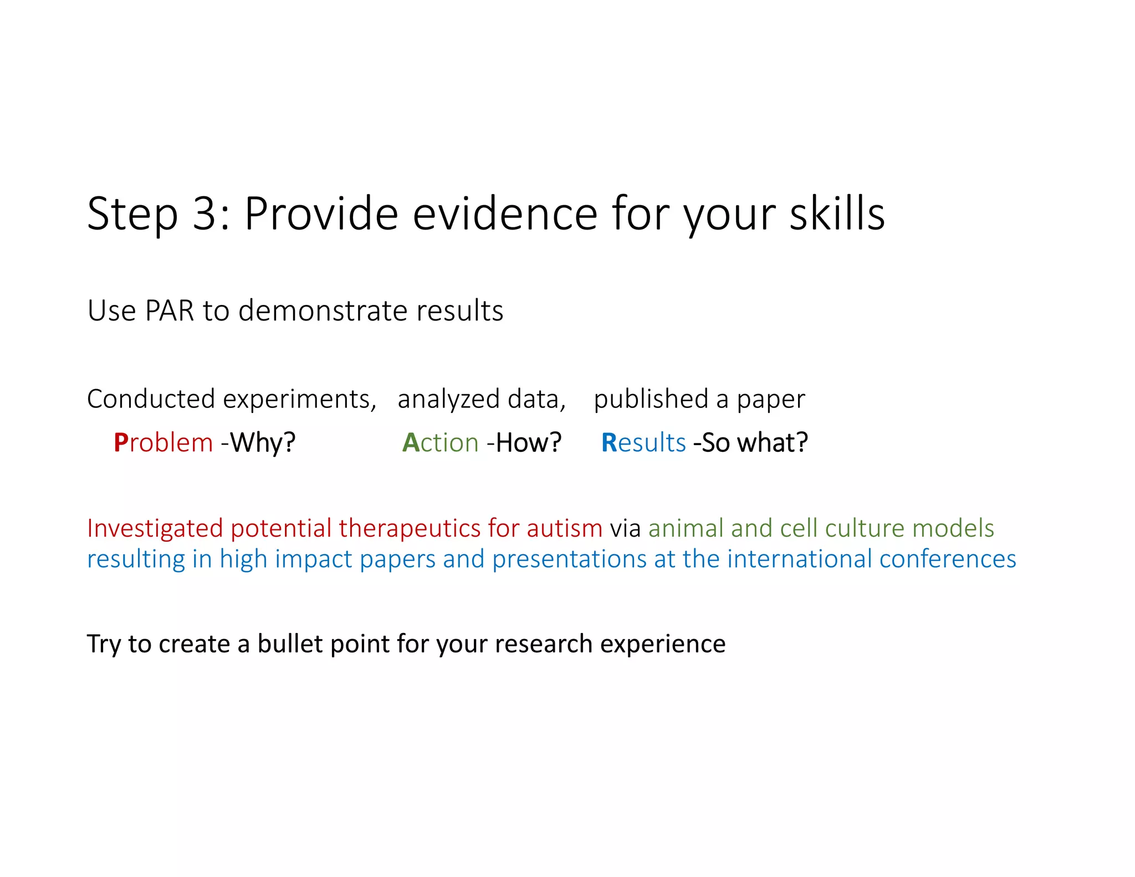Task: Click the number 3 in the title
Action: point(204,214)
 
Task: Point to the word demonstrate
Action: point(324,310)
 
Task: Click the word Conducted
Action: point(151,399)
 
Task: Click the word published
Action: point(651,399)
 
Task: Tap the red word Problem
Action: point(163,442)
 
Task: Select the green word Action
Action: point(440,442)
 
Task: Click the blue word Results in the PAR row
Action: point(643,442)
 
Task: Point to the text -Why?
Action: point(258,442)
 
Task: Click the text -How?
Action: point(524,442)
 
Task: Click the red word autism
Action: point(564,528)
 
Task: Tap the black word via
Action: point(625,528)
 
